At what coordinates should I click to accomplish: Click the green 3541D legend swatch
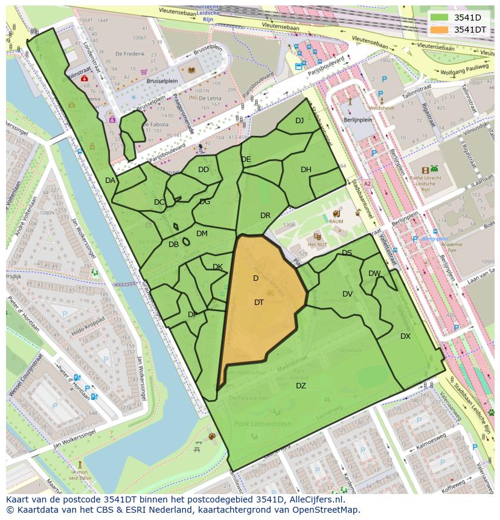(440, 18)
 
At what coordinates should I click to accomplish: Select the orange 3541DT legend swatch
(440, 30)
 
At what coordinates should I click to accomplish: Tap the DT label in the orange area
(258, 303)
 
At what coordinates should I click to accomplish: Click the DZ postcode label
(300, 386)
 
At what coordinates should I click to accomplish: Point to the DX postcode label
(405, 336)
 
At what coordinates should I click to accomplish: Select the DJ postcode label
(300, 121)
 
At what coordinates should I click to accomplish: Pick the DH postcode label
(306, 170)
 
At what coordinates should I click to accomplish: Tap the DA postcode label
(110, 181)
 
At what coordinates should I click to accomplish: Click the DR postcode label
(265, 216)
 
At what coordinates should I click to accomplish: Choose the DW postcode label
(374, 274)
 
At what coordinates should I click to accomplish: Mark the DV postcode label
(347, 294)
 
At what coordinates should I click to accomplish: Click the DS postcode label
(347, 253)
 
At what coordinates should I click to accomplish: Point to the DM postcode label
(202, 234)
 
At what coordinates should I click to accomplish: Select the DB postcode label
(173, 245)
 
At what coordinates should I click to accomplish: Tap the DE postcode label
(246, 159)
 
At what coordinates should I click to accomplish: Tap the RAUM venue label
(336, 222)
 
